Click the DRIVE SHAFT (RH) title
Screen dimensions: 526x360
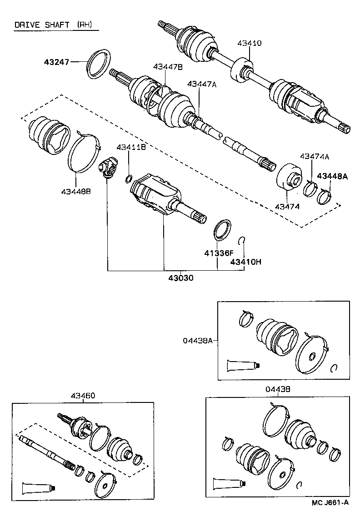pos(56,25)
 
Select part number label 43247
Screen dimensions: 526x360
pos(56,62)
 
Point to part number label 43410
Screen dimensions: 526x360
pos(249,44)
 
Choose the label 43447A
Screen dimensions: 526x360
pos(202,84)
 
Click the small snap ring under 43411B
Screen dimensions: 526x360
pos(129,178)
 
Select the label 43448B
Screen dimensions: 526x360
pos(76,191)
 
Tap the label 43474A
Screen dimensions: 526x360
pos(315,156)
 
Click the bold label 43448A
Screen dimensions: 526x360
pos(332,176)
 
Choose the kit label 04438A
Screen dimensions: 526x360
pos(198,340)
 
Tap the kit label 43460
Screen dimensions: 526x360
pos(83,396)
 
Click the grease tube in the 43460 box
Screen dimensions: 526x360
pos(39,488)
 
